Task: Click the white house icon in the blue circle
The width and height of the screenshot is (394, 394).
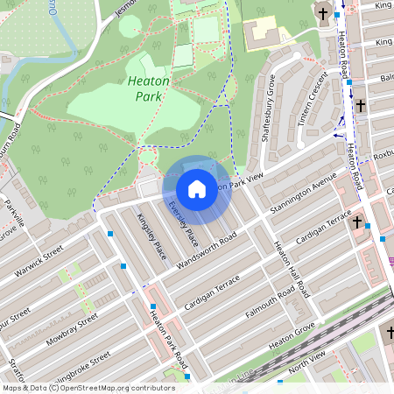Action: tap(197, 188)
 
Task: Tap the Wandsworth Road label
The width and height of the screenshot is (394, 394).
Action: tap(207, 252)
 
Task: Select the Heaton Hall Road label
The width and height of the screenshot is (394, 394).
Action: tap(291, 269)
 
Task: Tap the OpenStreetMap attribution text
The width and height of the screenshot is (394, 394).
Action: tap(88, 388)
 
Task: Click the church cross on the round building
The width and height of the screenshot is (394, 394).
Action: tap(324, 15)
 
